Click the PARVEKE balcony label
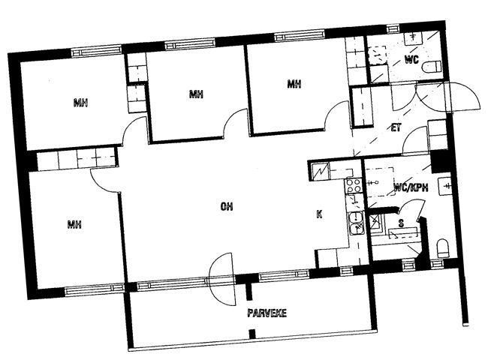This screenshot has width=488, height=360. tap(267, 313)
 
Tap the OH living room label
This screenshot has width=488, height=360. tap(227, 206)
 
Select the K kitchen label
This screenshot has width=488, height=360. tap(319, 214)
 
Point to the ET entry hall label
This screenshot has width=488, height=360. tap(396, 127)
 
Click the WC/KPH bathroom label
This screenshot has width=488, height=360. tap(411, 187)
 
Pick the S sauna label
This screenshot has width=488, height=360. tap(401, 223)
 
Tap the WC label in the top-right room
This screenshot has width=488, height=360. tap(411, 59)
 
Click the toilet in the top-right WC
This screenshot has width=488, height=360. tap(432, 67)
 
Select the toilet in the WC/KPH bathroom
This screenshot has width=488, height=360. tap(442, 248)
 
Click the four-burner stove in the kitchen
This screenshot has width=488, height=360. tap(354, 185)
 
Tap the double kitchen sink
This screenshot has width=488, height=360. tap(356, 223)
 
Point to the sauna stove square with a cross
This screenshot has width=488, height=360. tap(375, 221)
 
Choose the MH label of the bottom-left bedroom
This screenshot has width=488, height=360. tap(74, 223)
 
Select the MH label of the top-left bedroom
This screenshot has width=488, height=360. tap(80, 102)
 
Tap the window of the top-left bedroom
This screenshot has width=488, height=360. tap(96, 51)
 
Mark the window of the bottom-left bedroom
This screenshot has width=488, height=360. tap(95, 290)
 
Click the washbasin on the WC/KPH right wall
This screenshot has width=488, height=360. tap(444, 186)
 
